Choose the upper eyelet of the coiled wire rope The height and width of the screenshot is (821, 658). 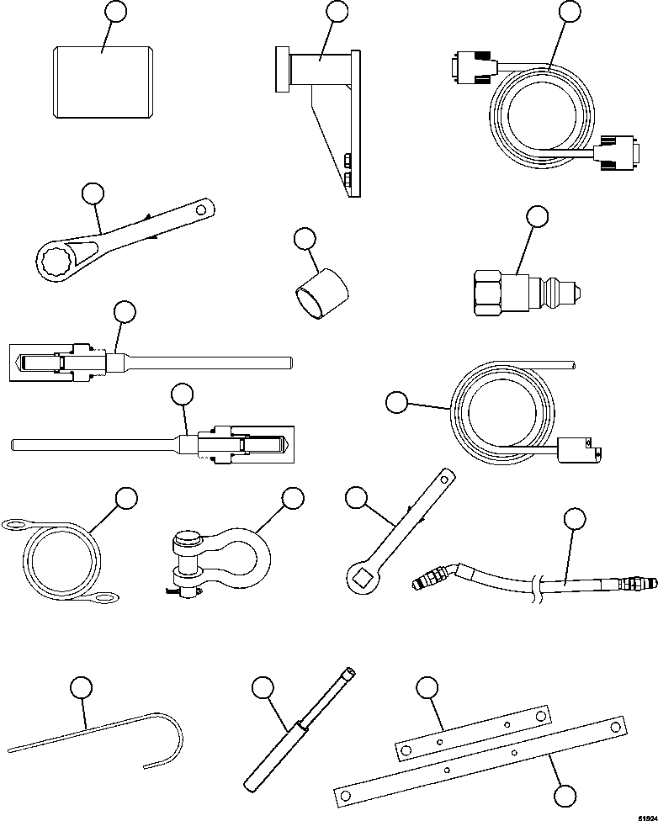16,526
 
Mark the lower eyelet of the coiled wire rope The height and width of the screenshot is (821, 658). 106,599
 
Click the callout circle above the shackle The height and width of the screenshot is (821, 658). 292,498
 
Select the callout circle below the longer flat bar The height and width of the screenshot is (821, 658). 565,795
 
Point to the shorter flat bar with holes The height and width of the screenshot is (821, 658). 474,730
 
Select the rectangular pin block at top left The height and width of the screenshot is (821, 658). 102,83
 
